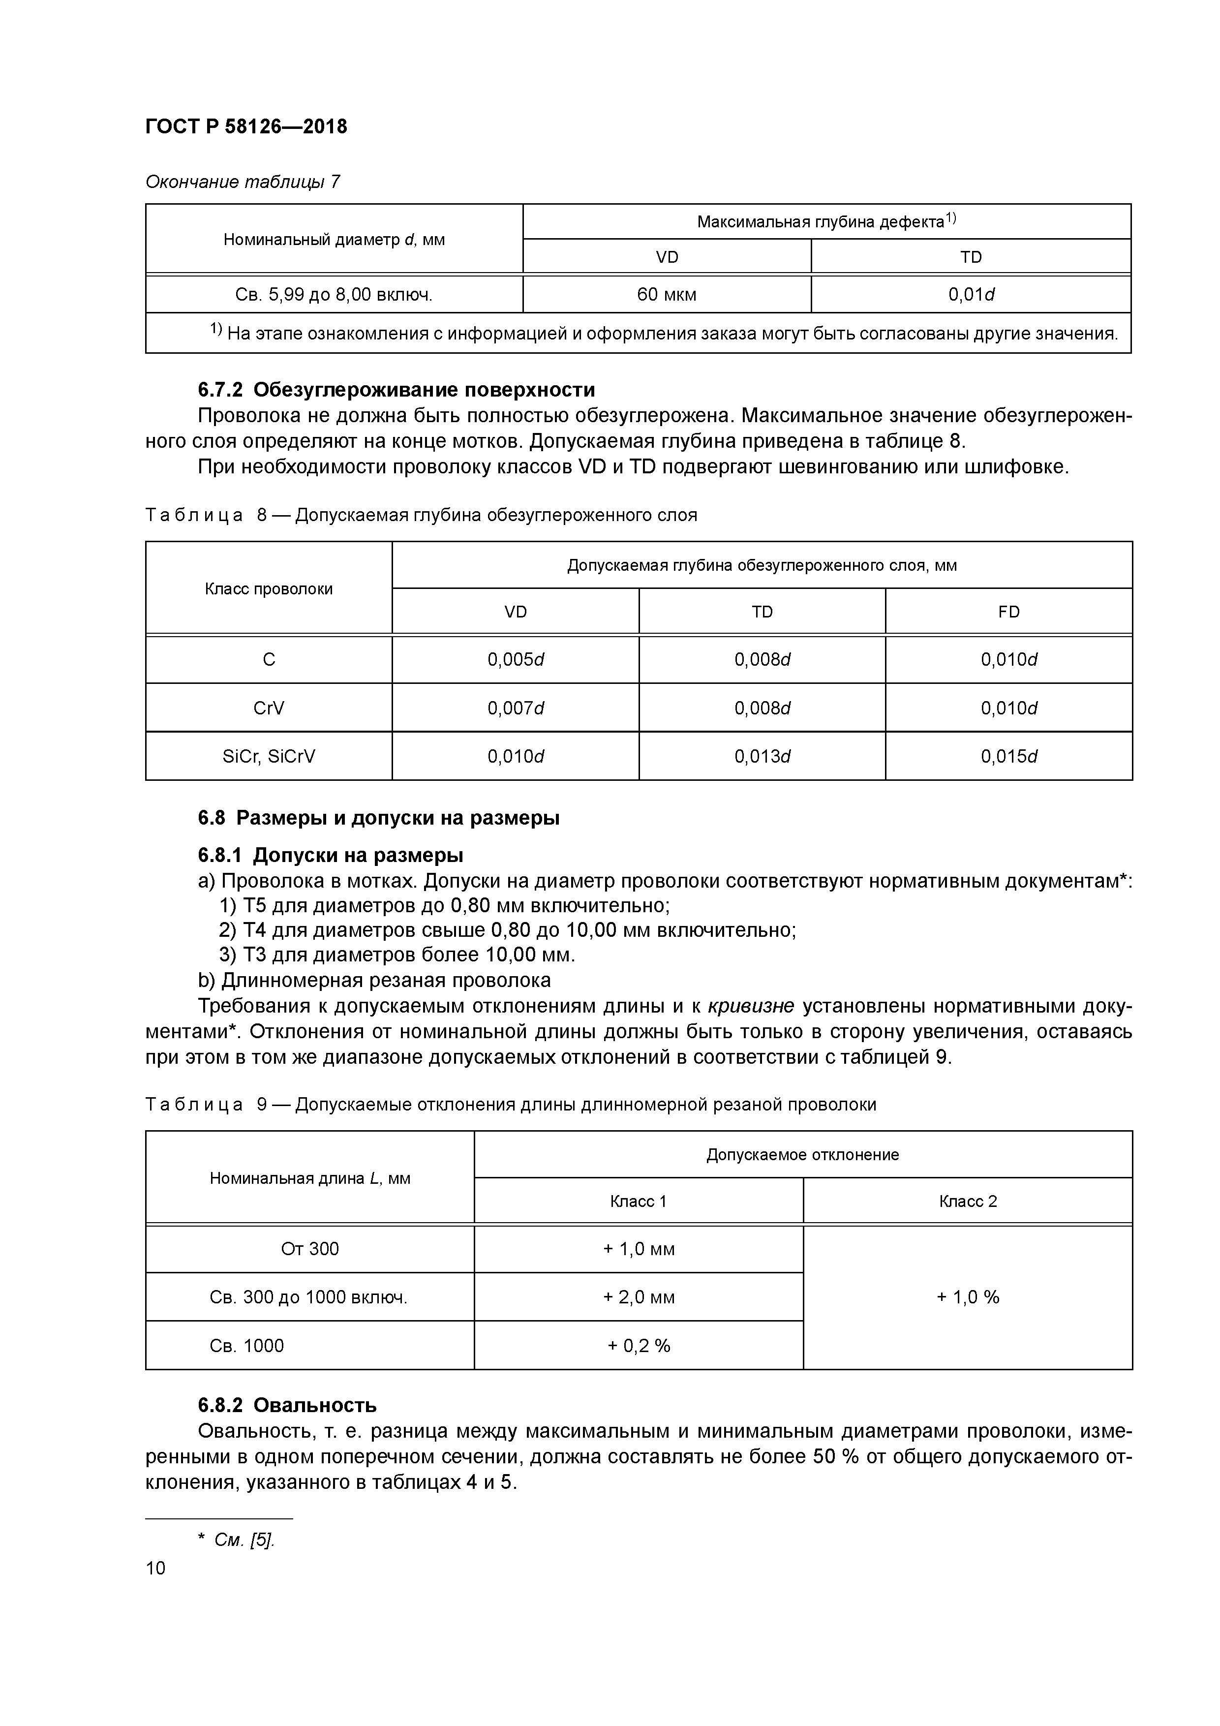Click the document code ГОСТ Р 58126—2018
246,126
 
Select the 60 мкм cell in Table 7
666,295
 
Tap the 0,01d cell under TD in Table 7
971,295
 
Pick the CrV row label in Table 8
269,708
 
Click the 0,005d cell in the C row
516,659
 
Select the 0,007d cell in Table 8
516,708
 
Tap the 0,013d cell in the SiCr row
762,756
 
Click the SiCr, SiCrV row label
269,756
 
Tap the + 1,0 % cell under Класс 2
968,1297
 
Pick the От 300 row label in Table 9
310,1249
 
